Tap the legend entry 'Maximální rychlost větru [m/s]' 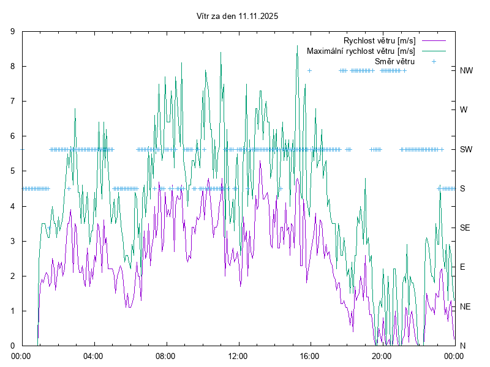tap(361, 51)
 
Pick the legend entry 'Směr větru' tap(394, 62)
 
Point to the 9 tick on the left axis tap(13, 32)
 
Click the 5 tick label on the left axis tap(13, 171)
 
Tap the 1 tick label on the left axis tap(13, 311)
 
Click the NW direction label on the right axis tap(466, 70)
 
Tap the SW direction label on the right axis tap(466, 149)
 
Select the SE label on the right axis tap(465, 228)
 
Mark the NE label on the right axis tap(465, 306)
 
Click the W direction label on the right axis tap(464, 110)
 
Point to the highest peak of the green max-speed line tap(297, 45)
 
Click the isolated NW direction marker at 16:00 tap(310, 70)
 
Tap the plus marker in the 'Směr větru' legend tap(434, 62)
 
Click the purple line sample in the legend tap(434, 41)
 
